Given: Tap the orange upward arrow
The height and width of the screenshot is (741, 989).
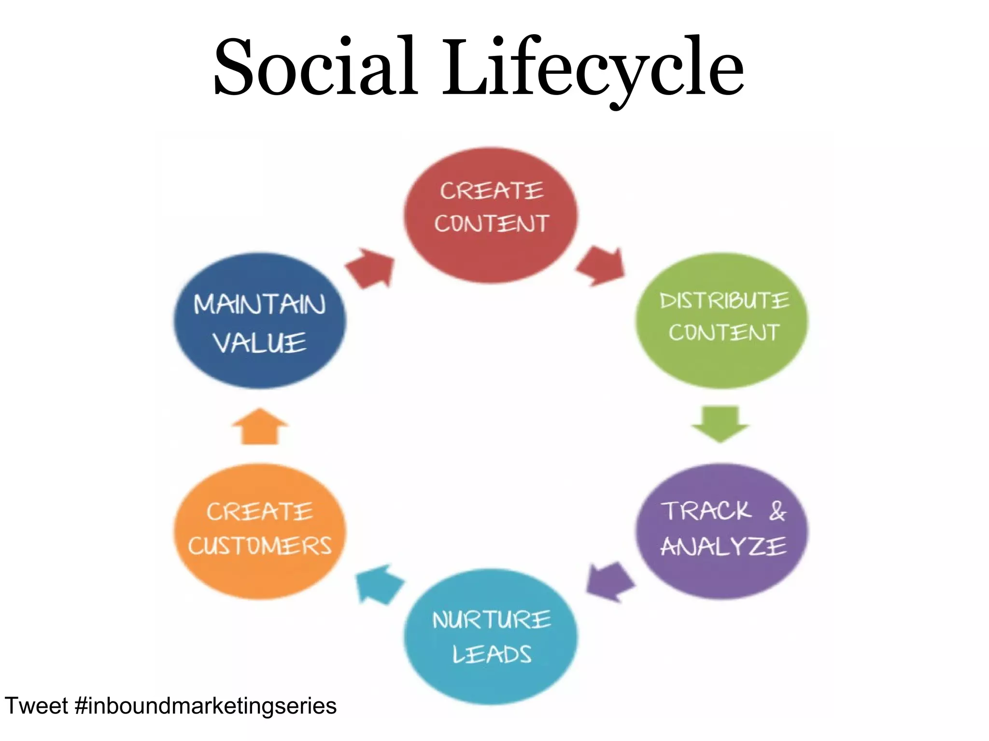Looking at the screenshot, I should click(260, 426).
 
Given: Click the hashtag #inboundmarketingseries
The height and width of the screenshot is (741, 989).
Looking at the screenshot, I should click(206, 706).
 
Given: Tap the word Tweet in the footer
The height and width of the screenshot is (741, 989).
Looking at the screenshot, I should click(36, 706).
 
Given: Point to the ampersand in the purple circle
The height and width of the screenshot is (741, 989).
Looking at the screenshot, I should click(777, 511).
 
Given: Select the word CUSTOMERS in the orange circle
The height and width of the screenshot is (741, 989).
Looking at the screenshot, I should click(260, 546).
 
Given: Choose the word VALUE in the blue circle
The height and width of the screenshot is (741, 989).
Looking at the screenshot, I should click(260, 343).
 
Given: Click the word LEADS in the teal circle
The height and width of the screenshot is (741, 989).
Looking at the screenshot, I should click(492, 655).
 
